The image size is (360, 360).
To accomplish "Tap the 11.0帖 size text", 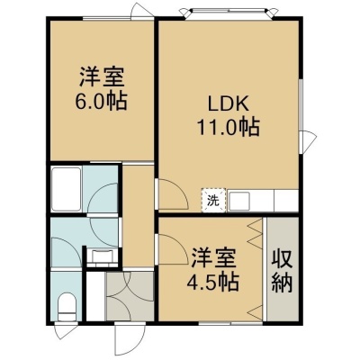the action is (x=228, y=128).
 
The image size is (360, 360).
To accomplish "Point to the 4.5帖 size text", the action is (x=212, y=282).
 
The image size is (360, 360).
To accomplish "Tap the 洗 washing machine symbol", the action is (x=212, y=200).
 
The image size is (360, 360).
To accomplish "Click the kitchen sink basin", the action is (x=239, y=201).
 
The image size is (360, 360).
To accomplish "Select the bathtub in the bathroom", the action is (x=67, y=189).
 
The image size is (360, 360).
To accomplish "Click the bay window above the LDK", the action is (x=229, y=13).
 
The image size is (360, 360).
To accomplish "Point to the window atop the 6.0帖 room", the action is (x=118, y=19).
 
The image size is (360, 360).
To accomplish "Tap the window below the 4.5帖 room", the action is (x=230, y=323).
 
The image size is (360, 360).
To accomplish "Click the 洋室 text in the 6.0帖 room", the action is (x=101, y=77).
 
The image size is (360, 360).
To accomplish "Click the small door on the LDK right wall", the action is (x=309, y=142).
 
